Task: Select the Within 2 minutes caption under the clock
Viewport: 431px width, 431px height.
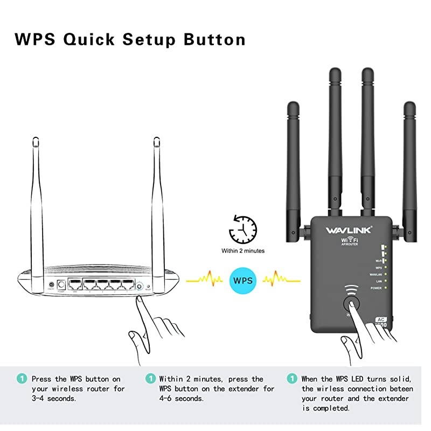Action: coord(243,251)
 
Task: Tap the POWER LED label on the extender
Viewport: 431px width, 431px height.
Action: coord(376,289)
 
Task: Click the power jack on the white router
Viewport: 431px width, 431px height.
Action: coord(52,286)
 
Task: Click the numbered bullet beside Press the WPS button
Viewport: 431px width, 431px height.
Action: coord(21,379)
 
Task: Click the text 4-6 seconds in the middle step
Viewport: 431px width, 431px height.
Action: coord(181,399)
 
